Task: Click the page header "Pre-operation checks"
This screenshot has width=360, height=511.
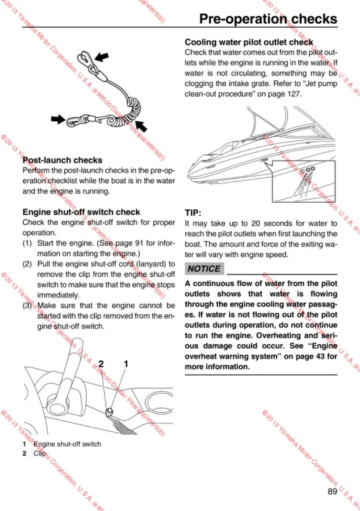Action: [x=268, y=19]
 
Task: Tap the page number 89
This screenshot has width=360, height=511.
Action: [x=332, y=492]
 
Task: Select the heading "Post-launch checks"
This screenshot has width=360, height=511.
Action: [x=62, y=161]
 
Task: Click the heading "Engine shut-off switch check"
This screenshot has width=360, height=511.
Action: [x=81, y=212]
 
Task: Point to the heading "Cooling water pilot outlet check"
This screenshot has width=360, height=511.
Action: [x=249, y=42]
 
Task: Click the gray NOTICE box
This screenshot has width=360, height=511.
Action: [x=204, y=269]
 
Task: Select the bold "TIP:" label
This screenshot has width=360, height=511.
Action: [x=194, y=213]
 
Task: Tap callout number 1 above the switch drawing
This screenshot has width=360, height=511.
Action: [x=126, y=364]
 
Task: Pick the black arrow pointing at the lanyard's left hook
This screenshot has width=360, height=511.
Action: [x=57, y=119]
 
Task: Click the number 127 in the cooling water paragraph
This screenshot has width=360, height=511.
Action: [x=294, y=94]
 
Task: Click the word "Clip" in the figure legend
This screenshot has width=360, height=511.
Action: [x=39, y=453]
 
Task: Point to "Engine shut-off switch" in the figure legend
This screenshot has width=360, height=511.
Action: [x=67, y=444]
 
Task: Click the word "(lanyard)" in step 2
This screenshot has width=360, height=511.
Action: [x=152, y=264]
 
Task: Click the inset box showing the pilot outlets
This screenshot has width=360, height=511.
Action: [x=304, y=181]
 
